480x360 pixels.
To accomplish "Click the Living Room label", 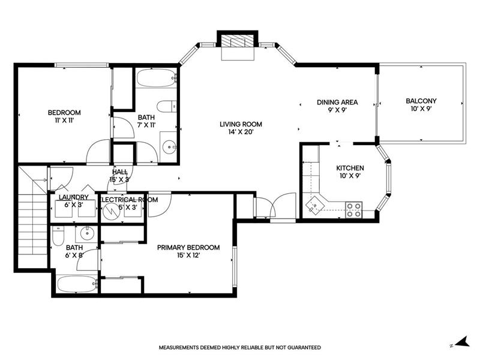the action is (x=241, y=124).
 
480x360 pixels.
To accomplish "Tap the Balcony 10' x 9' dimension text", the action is (x=421, y=109).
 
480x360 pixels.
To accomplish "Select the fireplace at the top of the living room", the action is (x=238, y=45).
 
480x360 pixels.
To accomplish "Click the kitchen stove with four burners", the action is (x=353, y=209).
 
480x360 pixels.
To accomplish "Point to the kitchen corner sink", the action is (x=314, y=205).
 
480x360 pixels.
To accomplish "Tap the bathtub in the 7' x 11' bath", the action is (x=157, y=78).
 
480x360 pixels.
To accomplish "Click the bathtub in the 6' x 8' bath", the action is (x=77, y=284).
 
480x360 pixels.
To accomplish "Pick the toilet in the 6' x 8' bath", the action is (x=58, y=236).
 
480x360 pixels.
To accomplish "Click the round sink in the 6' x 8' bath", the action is (x=88, y=234).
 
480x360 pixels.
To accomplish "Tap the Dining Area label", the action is (x=337, y=102).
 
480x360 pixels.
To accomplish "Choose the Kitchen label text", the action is (x=350, y=168).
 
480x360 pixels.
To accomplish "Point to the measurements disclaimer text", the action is (x=239, y=347).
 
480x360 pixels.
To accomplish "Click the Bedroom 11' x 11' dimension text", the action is (x=64, y=121).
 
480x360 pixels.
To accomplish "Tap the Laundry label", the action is (x=73, y=197).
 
